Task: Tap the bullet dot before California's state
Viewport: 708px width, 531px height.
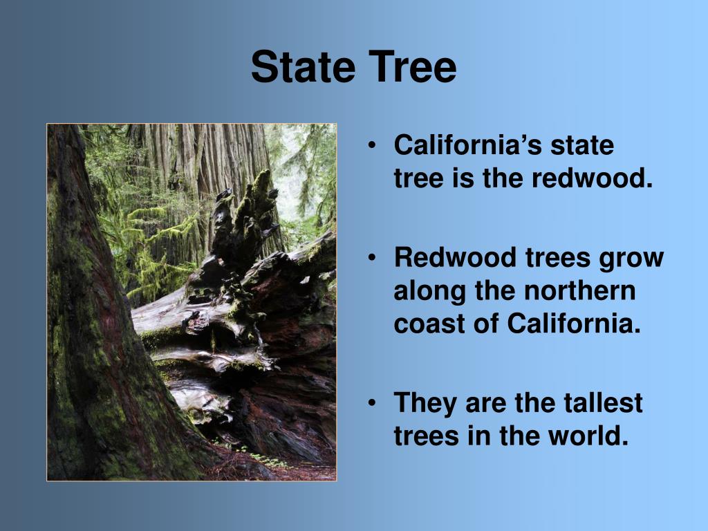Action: click(x=373, y=146)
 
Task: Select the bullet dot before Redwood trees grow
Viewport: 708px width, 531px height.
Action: click(x=373, y=258)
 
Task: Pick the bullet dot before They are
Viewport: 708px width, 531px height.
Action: click(x=373, y=403)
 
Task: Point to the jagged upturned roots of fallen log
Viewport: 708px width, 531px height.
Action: click(x=242, y=221)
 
